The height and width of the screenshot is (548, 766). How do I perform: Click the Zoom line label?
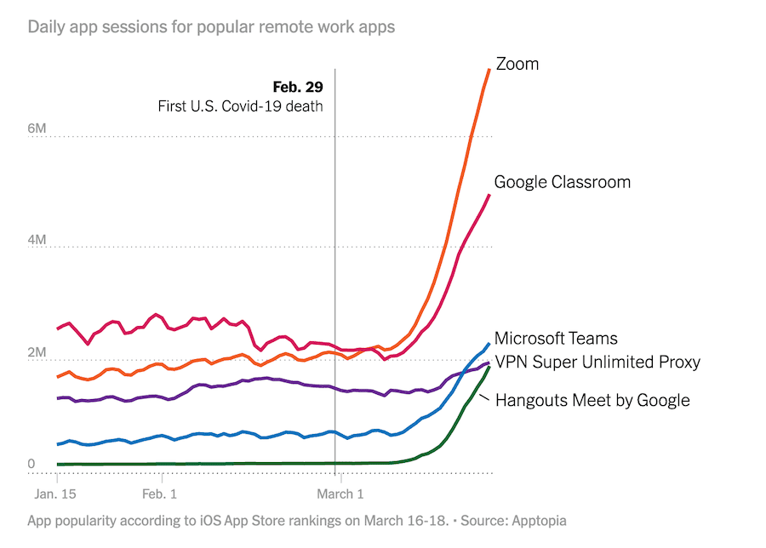517,64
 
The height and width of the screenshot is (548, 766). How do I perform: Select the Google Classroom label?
562,181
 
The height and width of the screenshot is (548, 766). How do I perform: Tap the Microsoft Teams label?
556,338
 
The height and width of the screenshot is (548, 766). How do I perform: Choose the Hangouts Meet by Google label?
592,400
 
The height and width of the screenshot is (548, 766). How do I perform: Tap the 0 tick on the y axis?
32,465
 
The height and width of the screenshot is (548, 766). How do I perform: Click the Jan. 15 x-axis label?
56,494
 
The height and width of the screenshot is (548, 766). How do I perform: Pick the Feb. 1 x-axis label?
159,494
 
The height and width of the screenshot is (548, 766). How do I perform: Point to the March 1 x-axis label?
340,494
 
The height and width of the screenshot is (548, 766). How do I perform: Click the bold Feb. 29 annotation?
298,87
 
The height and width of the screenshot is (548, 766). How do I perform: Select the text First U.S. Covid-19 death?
240,106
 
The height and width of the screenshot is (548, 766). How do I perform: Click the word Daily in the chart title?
47,27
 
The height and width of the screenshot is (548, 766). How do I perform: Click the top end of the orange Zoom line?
489,70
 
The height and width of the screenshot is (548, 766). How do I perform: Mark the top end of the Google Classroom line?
489,195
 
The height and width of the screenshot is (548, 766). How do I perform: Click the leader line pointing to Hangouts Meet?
485,396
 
